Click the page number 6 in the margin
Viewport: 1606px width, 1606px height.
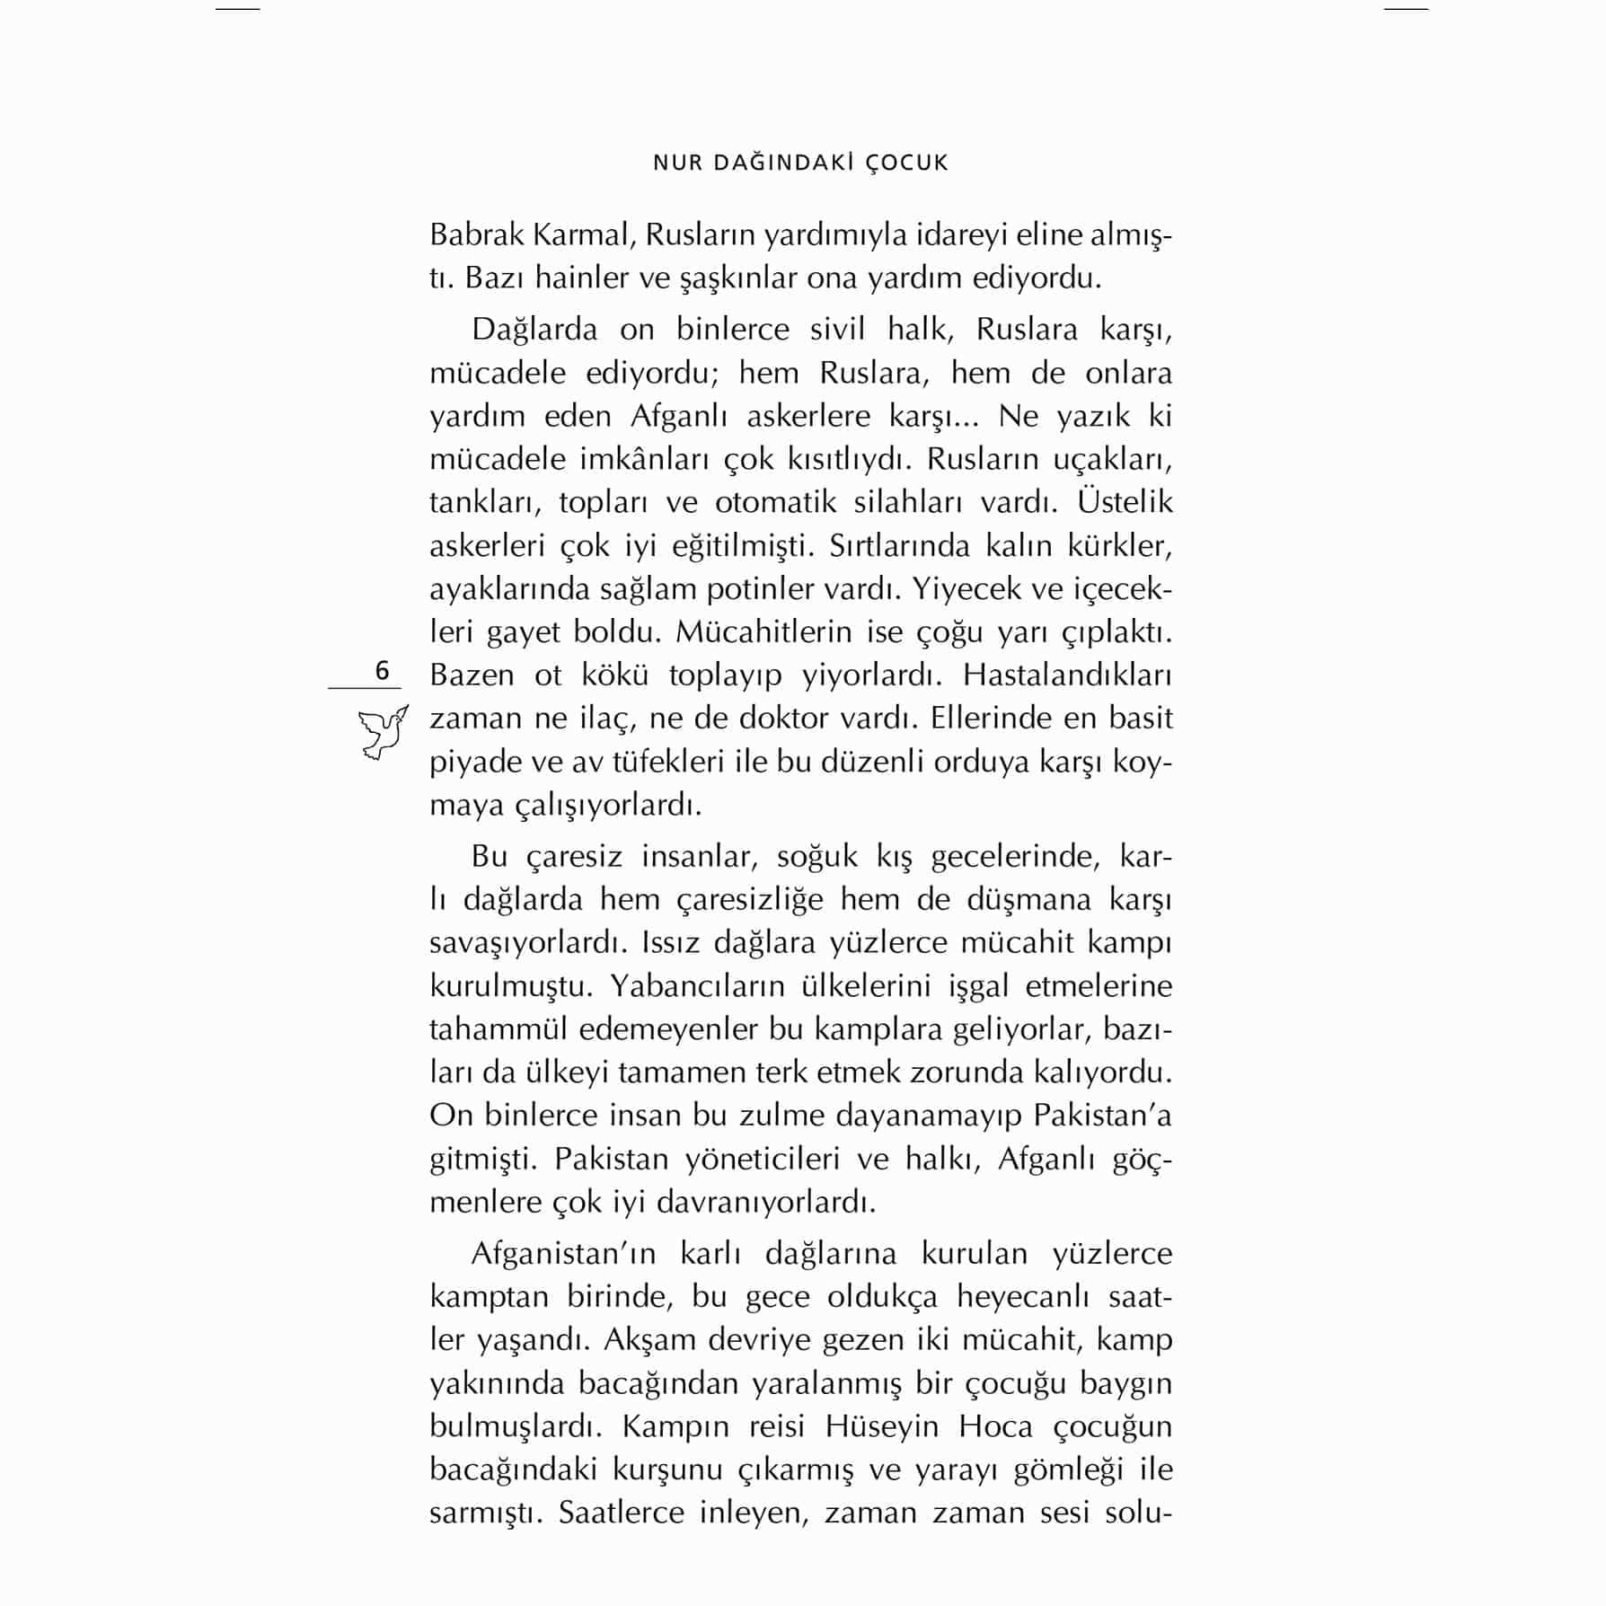pos(382,671)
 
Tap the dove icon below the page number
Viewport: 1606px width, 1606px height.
pos(383,732)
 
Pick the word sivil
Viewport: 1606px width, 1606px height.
pos(837,329)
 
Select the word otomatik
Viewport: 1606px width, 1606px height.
pos(775,501)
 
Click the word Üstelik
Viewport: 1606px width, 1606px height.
pos(1125,501)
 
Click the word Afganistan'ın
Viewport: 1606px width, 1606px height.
pos(564,1253)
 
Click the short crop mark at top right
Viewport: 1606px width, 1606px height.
pos(1406,9)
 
